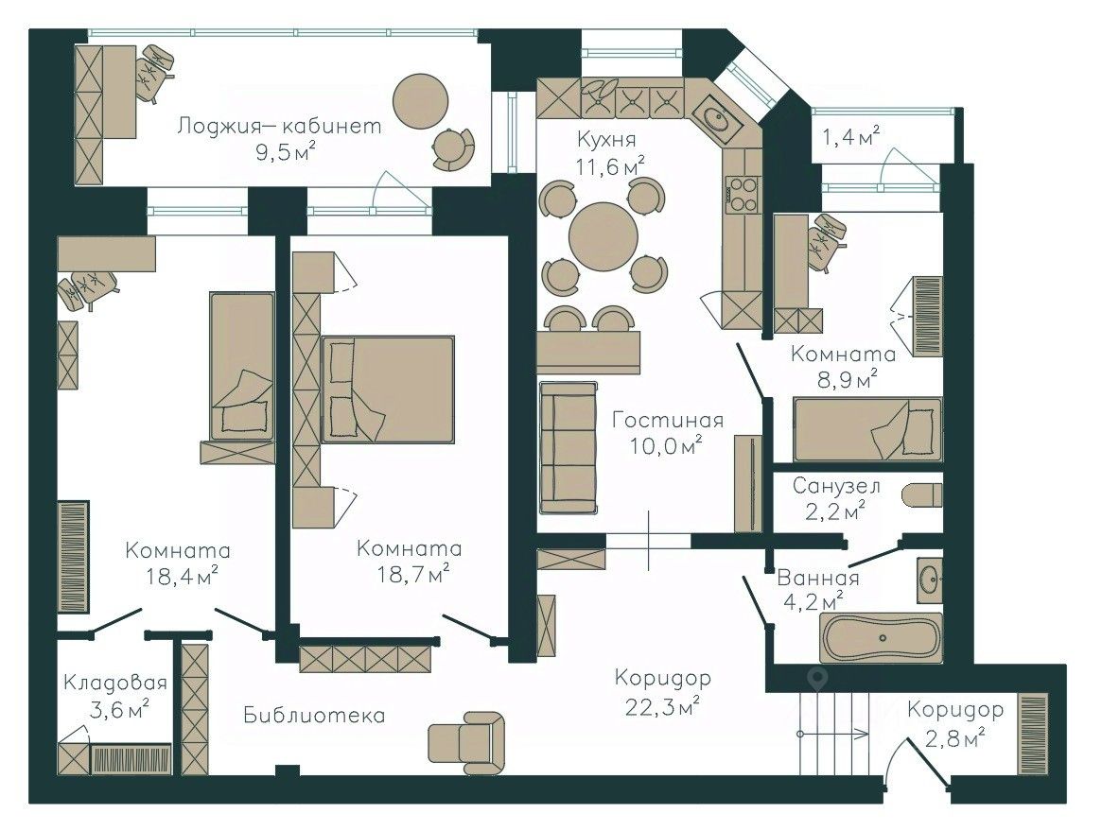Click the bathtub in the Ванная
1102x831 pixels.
pyautogui.click(x=882, y=638)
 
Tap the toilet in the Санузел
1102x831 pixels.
pyautogui.click(x=922, y=494)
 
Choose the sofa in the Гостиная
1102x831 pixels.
pyautogui.click(x=568, y=447)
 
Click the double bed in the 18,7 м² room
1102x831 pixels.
pyautogui.click(x=387, y=390)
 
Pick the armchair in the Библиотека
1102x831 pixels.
pyautogui.click(x=466, y=742)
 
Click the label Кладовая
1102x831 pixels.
pyautogui.click(x=115, y=682)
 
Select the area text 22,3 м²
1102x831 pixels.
pyautogui.click(x=662, y=705)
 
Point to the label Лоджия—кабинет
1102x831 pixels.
pyautogui.click(x=279, y=127)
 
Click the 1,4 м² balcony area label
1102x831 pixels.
pyautogui.click(x=851, y=136)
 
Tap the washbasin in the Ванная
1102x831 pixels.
pyautogui.click(x=929, y=580)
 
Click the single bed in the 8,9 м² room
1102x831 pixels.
pyautogui.click(x=868, y=429)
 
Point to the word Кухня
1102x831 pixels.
pyautogui.click(x=606, y=139)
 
